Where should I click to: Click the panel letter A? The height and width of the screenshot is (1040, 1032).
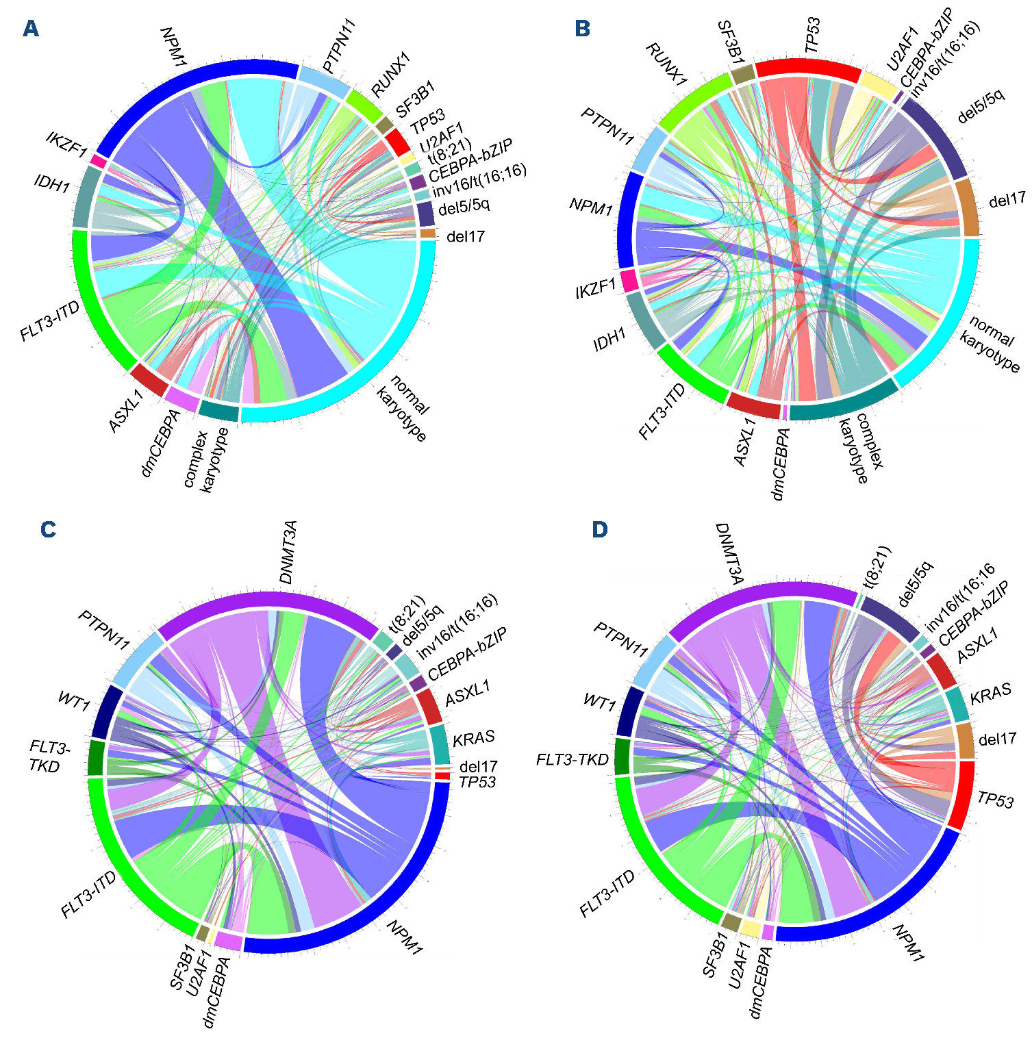30,29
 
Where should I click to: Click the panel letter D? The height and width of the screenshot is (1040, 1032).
599,529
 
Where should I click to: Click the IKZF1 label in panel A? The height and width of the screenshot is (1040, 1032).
66,144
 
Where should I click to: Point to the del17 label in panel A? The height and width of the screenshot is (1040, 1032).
466,237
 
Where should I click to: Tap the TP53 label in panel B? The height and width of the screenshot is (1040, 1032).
813,36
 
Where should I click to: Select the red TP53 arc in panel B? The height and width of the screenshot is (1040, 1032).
808,68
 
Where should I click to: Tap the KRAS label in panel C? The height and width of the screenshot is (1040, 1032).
473,738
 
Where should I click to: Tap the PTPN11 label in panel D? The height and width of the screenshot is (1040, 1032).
620,639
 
